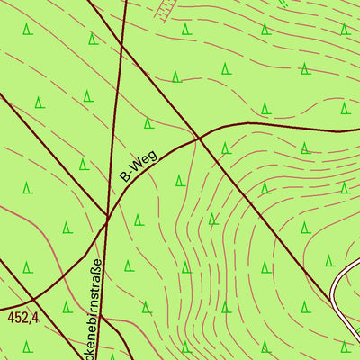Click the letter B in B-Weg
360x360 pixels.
click(125, 177)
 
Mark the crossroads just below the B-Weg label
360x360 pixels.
click(107, 217)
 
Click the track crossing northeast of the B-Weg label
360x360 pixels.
click(199, 139)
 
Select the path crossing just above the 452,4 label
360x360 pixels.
click(34, 298)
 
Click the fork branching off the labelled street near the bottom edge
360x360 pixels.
click(103, 317)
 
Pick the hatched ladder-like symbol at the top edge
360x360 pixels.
click(163, 10)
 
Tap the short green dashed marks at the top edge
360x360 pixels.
click(283, 4)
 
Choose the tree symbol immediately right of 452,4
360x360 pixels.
click(67, 307)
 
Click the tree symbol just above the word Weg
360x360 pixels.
click(148, 123)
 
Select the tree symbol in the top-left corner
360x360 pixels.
click(28, 30)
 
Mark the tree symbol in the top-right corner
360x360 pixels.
click(344, 29)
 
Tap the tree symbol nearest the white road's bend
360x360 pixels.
click(330, 261)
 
